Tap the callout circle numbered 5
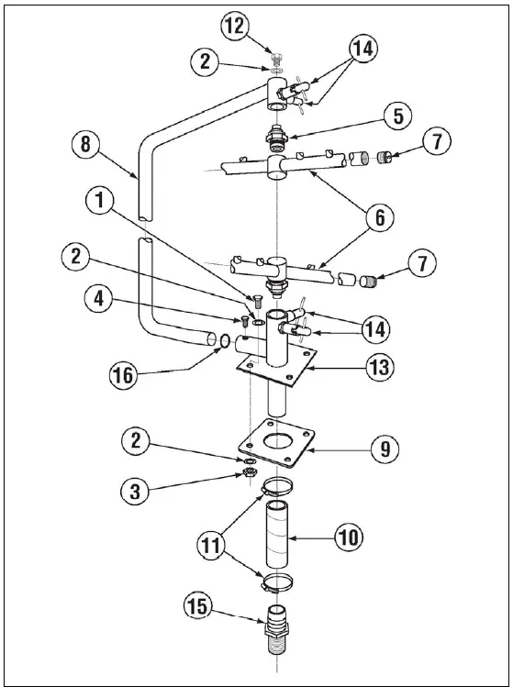coord(398,116)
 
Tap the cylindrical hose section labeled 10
coord(278,533)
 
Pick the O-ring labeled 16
coord(223,343)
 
